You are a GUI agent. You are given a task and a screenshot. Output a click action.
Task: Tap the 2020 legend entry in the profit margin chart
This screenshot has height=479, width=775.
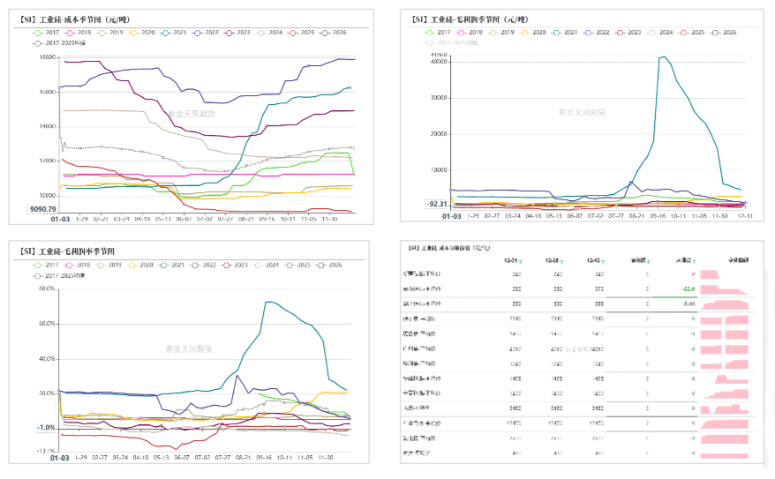pos(140,265)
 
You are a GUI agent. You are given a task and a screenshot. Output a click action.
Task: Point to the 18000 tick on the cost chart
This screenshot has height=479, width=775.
pos(44,58)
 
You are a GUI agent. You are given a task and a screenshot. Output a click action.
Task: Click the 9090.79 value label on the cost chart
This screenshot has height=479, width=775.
pos(41,209)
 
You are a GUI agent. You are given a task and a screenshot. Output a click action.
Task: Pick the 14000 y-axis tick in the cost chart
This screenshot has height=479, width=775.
pos(44,126)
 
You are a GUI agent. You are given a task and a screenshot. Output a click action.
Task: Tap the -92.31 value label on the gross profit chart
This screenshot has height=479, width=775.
pos(436,204)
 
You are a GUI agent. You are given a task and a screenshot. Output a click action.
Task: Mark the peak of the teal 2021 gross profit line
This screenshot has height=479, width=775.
pos(663,57)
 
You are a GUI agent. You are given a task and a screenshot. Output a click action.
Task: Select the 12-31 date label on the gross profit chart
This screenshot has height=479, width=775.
pos(743,214)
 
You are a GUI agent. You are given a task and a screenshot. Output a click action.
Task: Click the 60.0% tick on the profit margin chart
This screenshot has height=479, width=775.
pos(44,324)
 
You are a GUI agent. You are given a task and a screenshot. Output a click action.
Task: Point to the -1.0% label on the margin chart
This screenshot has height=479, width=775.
pos(44,428)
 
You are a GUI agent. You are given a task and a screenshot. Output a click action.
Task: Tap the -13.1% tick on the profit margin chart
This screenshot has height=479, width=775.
pos(44,451)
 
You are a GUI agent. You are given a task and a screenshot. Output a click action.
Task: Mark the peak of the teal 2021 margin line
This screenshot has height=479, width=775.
pos(267,302)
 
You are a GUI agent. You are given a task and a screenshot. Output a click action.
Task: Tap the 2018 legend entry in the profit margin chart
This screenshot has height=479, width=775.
pos(77,265)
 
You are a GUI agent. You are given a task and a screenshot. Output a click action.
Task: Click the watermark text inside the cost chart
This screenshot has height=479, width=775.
pos(190,113)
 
